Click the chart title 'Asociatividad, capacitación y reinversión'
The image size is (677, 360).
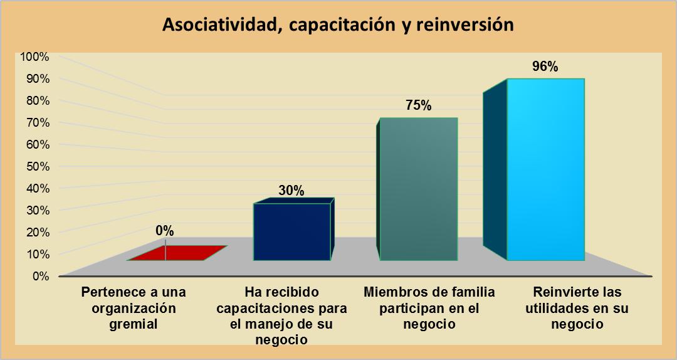click(338, 25)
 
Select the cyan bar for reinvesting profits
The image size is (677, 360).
click(545, 169)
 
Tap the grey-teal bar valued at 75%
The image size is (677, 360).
click(418, 188)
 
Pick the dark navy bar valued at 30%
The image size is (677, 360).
click(291, 231)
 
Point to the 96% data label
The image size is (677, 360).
click(545, 67)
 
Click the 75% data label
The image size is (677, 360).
click(418, 105)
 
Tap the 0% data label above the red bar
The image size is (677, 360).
click(165, 231)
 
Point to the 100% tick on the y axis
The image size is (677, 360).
click(34, 56)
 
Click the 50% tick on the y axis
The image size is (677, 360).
click(36, 166)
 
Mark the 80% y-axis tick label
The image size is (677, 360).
click(36, 100)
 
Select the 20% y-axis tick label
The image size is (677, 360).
click(36, 232)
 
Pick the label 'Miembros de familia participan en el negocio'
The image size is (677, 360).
click(429, 309)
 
